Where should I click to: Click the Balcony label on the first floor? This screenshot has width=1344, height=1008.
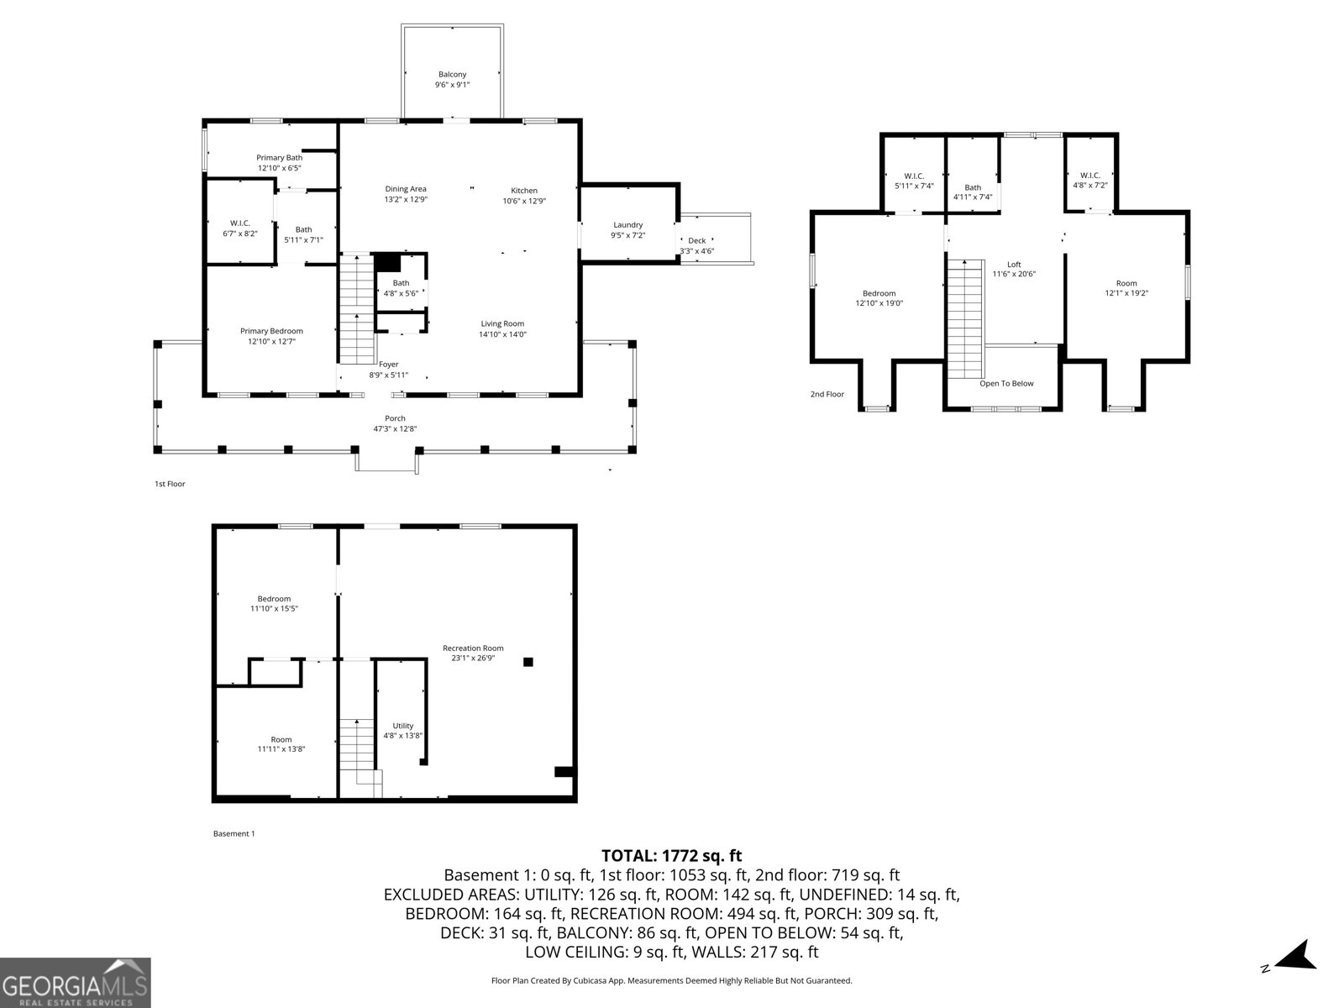point(452,75)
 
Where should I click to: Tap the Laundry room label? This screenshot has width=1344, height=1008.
point(627,225)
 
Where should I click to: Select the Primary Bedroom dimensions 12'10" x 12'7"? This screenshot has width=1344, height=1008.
point(271,342)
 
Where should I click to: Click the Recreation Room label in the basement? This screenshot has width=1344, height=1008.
point(473,648)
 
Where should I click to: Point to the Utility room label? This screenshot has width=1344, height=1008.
point(402,726)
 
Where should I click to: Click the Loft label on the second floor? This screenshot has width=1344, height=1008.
point(1014,265)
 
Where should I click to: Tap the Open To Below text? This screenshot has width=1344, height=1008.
point(1006,384)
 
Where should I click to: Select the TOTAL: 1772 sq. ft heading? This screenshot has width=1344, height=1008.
point(671,856)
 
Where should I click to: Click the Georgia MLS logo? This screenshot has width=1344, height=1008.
point(75,982)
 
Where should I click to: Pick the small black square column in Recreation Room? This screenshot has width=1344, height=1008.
point(528,662)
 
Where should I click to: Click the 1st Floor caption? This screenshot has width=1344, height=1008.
point(170,484)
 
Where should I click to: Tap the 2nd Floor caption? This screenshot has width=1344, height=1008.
point(827,394)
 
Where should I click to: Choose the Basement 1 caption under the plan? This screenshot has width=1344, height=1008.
point(234,833)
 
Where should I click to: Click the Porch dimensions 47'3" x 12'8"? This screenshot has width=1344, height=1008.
point(395,429)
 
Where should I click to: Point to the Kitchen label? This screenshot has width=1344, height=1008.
point(524,191)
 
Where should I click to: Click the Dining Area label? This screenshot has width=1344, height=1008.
point(406,189)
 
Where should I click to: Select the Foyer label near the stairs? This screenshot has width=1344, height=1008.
point(388,365)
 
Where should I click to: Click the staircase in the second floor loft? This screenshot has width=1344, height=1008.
point(965,319)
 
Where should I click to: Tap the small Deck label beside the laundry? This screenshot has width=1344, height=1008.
point(696,241)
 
